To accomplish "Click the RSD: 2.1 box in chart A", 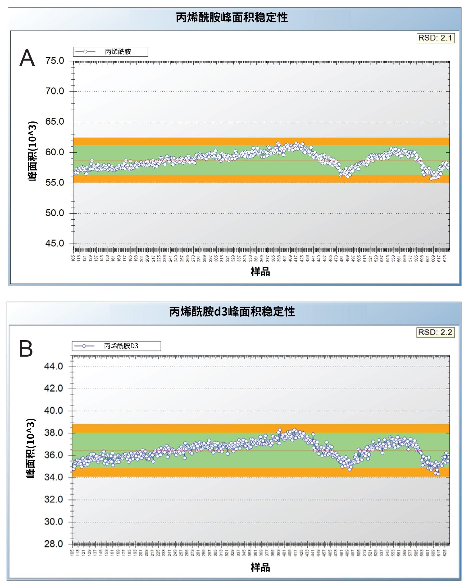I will (435, 38).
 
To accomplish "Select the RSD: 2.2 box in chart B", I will (435, 332).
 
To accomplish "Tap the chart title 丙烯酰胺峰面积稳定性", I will (232, 18).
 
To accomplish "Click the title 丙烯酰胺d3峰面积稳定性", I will (232, 312).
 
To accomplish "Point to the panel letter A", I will (27, 58).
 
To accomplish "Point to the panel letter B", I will (26, 349).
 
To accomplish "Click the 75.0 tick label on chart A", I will (55, 61).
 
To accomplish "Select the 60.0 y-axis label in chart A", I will (55, 152).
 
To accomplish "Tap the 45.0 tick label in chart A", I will (55, 243).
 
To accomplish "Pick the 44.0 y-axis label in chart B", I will (53, 366).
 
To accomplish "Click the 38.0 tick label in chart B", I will (53, 433).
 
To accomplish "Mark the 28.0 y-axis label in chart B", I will (53, 544).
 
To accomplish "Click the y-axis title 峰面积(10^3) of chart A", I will (32, 151).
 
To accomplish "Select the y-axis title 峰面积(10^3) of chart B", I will (31, 448).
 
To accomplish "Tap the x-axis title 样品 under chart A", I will (260, 272).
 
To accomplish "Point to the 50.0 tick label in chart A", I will (55, 213).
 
